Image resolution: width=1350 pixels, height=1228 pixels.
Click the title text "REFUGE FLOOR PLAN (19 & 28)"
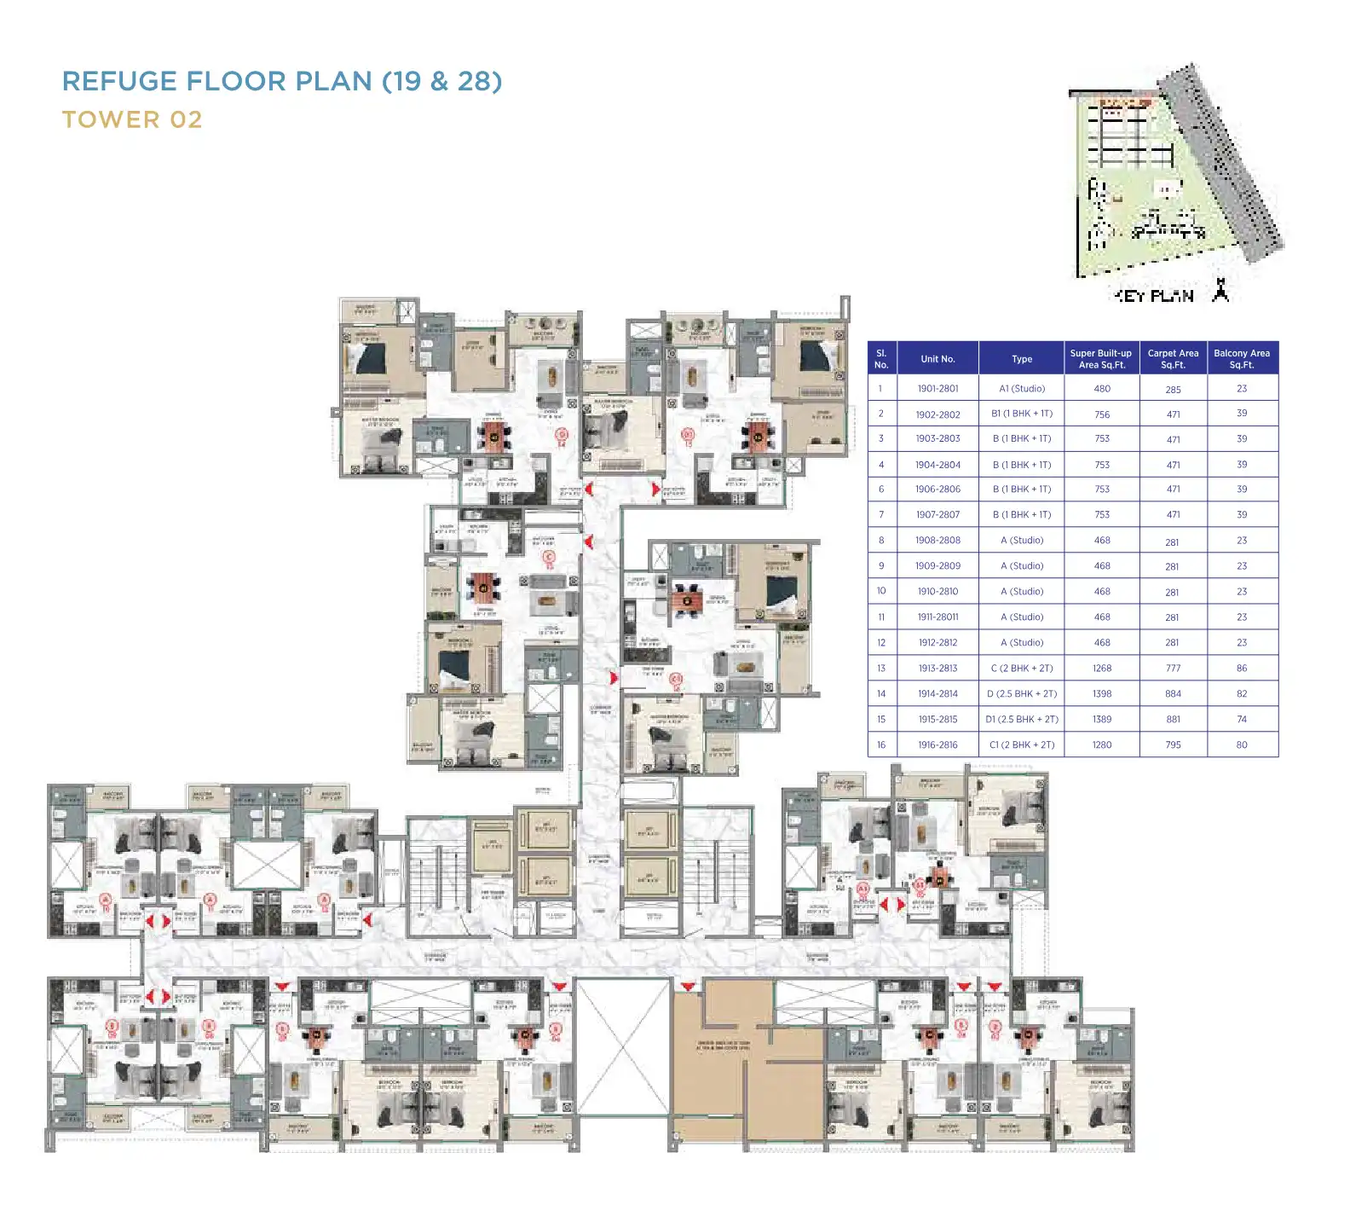[x=282, y=81]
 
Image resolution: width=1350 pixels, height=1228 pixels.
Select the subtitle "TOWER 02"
[x=132, y=119]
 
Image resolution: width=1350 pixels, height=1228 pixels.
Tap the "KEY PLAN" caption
[x=1155, y=296]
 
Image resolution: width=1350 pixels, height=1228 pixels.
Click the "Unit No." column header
[x=937, y=359]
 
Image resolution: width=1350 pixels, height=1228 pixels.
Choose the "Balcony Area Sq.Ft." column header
[x=1242, y=359]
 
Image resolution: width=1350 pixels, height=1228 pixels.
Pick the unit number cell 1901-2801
[x=937, y=389]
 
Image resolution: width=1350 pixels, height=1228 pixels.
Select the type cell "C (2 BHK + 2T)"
[x=1022, y=669]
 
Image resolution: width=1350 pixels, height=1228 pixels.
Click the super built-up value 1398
[x=1102, y=694]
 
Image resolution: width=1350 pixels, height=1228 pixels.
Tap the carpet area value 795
[x=1174, y=745]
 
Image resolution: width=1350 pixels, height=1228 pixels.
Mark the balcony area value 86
[x=1242, y=669]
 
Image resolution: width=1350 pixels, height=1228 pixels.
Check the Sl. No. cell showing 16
[x=881, y=745]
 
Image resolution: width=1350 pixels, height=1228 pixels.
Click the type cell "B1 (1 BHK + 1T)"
[x=1022, y=414]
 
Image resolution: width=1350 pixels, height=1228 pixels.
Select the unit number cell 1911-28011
[x=937, y=617]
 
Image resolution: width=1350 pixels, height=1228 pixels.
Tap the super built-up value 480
[x=1102, y=389]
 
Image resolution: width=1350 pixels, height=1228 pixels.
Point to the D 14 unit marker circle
[x=562, y=436]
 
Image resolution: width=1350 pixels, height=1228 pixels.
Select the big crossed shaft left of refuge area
[x=623, y=1046]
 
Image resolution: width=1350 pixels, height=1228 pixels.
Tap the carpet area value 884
[x=1174, y=694]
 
